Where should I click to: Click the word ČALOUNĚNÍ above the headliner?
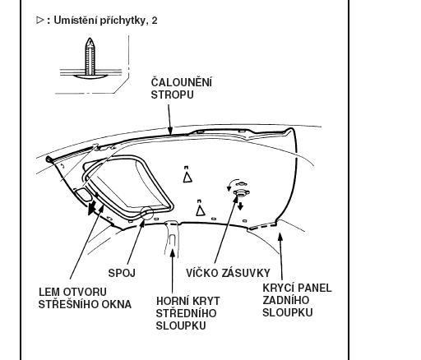[182, 81]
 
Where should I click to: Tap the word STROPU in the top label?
[173, 95]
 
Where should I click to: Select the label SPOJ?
[122, 273]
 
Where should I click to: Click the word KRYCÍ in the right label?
[278, 288]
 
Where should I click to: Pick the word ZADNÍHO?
[286, 300]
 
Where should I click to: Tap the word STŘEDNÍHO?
[186, 313]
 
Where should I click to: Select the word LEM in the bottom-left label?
[49, 292]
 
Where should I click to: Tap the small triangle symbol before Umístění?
[40, 20]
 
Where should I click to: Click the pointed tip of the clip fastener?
[90, 39]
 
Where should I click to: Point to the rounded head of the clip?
[90, 76]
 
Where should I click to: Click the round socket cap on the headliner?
[241, 193]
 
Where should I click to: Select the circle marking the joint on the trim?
[146, 213]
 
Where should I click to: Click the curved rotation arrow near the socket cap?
[232, 182]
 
